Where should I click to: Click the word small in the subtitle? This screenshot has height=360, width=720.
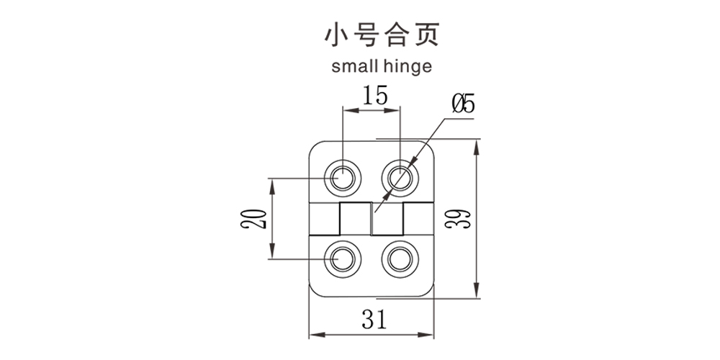point(354,67)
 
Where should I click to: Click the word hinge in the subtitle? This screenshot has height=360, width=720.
point(407,68)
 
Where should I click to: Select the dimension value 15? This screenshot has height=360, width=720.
point(373,95)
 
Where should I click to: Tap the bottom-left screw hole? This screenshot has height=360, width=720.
point(343,257)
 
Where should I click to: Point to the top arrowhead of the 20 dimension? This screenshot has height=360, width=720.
point(272,182)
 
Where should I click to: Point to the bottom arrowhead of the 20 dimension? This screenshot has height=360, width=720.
point(272,253)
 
